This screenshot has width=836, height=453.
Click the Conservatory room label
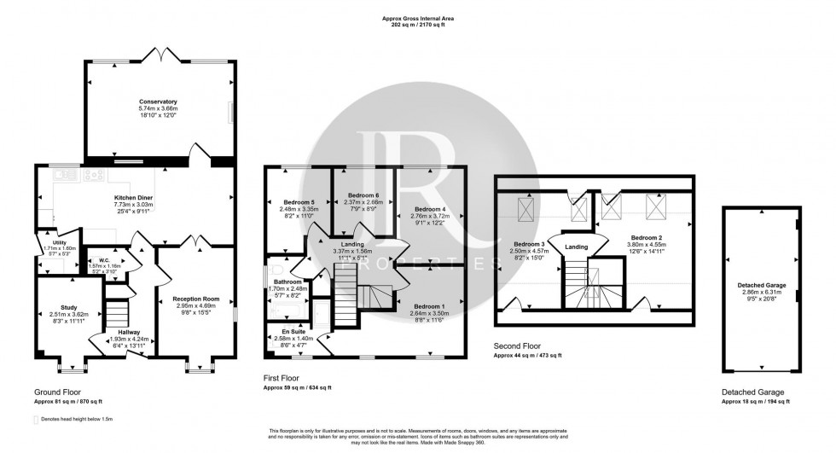pos(162,102)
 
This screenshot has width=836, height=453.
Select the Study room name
pos(69,307)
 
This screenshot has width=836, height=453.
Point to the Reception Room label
pos(196,299)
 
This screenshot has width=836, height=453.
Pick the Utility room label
pos(47,242)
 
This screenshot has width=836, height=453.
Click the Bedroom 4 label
pos(431,209)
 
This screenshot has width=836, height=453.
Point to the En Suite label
pos(293,330)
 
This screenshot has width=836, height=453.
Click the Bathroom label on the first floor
pos(287,282)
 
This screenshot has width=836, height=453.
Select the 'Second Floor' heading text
pos(517,347)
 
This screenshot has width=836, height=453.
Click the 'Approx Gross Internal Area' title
pos(418,18)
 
